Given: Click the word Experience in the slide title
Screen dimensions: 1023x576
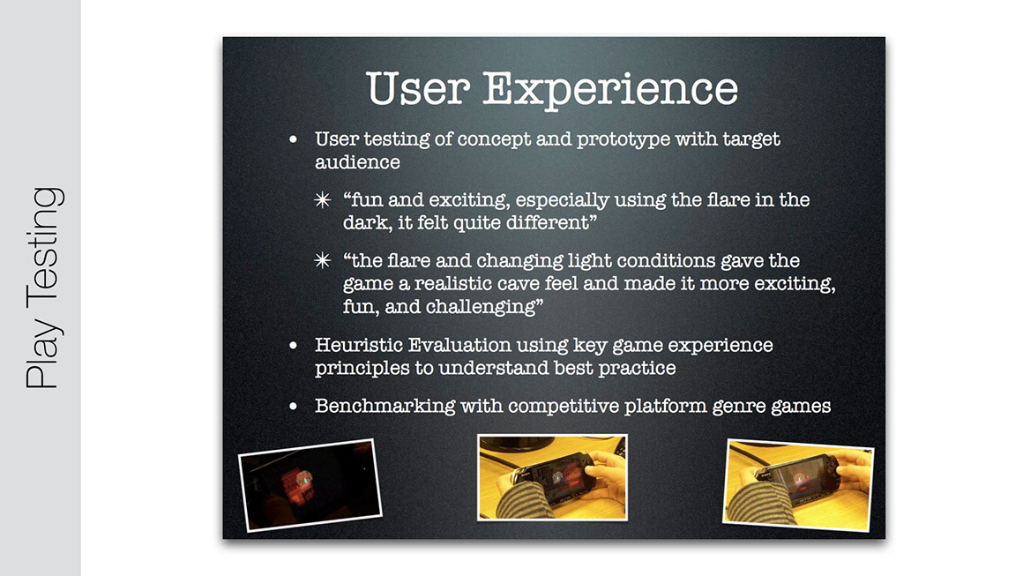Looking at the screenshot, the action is click(610, 89).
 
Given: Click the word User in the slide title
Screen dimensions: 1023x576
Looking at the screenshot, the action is click(418, 88).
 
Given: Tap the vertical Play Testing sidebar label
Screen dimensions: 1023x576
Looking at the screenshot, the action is click(43, 288).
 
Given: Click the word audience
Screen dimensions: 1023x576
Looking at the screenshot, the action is click(357, 161).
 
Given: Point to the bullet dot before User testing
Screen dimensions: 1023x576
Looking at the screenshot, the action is click(293, 139).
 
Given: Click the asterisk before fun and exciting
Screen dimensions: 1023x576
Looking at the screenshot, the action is click(322, 200).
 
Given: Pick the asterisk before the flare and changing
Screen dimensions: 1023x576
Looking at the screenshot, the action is click(322, 261).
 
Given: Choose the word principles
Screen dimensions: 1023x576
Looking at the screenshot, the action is click(362, 369).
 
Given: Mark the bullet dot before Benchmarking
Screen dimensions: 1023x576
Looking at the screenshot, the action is click(293, 407).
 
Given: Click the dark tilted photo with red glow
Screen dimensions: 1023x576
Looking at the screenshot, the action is click(310, 484).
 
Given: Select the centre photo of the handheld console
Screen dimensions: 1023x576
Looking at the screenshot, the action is click(553, 477).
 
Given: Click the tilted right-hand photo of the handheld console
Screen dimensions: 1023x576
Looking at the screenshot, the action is click(798, 485).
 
